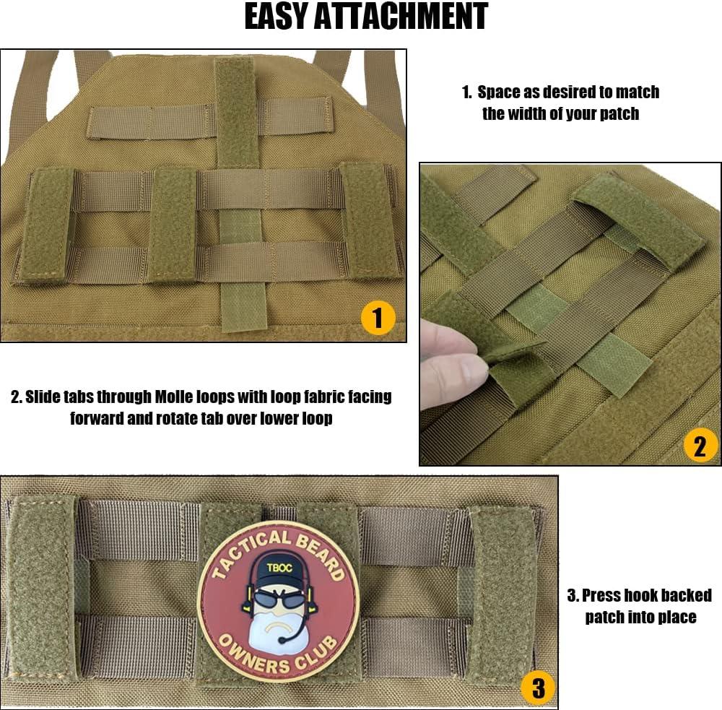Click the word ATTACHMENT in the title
click(412, 17)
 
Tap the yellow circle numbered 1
click(377, 316)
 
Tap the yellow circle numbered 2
click(700, 446)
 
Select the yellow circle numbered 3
click(538, 688)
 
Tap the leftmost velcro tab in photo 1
click(47, 225)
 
